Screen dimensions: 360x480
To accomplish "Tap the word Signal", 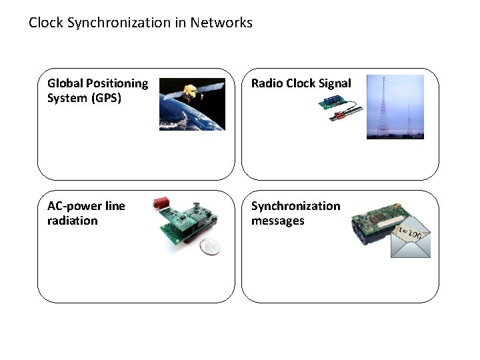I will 333,83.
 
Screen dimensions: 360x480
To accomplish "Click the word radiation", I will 72,221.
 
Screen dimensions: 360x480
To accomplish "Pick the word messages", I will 277,221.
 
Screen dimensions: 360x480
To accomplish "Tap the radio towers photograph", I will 395,107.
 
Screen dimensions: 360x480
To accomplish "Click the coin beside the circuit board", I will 210,247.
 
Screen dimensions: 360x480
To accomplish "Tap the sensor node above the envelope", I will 377,223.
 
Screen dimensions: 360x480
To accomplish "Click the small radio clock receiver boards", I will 341,107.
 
